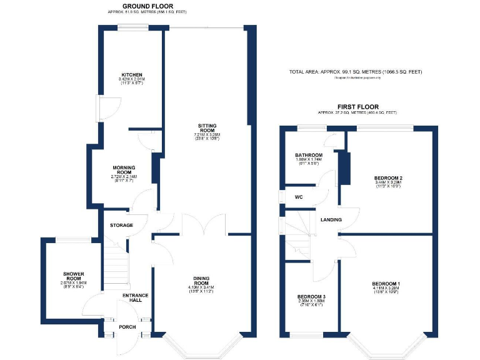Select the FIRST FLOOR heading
pos(357,107)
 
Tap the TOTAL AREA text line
pos(355,72)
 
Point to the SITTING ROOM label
pos(207,128)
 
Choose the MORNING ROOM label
pos(124,171)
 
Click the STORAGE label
pos(122,225)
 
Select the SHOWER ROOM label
pos(73,277)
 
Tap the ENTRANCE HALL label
pos(135,298)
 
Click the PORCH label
pos(127,327)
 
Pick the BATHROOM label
pos(309,155)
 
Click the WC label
pos(298,197)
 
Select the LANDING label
pos(331,220)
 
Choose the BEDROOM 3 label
pos(310,297)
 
